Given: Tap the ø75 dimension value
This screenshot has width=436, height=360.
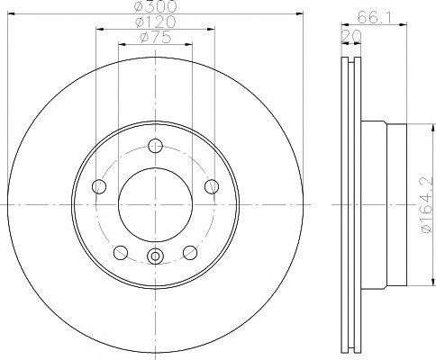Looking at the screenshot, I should point(155,39).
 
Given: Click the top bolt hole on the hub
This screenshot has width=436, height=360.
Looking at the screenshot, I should point(155,146).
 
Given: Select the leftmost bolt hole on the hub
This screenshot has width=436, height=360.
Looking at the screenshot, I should point(99,186).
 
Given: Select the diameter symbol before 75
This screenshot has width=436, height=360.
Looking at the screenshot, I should point(143,39).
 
